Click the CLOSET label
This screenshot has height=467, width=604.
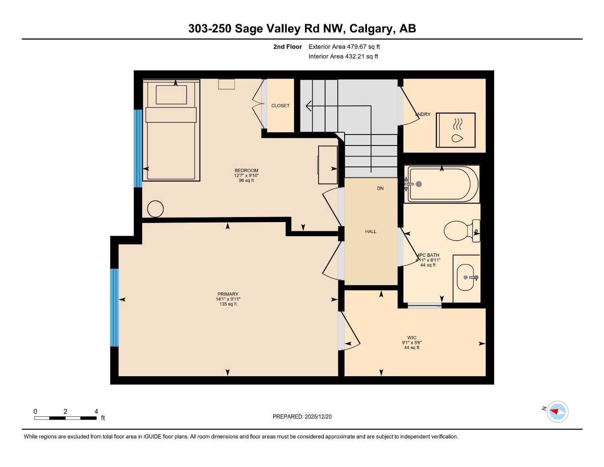point(280,105)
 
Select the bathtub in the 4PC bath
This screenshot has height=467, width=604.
point(442,184)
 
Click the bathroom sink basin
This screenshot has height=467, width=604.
point(466,277)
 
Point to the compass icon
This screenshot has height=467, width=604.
point(557,411)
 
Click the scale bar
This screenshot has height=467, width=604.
point(65,418)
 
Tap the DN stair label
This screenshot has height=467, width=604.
point(380,188)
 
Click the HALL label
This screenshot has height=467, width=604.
point(371,232)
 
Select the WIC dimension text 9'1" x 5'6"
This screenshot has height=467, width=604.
point(412,342)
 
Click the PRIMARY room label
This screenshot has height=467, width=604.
point(228,294)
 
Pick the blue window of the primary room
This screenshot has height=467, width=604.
point(114,307)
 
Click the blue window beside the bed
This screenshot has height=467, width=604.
point(138,149)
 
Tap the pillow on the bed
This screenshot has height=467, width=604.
point(171,95)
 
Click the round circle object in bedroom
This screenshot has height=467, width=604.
point(155,209)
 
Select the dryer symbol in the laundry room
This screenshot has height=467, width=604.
point(456,130)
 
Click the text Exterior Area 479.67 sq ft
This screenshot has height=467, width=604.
point(344,47)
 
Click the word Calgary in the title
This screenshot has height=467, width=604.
point(372,29)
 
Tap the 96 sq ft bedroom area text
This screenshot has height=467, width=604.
point(246,181)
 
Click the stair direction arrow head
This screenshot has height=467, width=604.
point(309,106)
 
